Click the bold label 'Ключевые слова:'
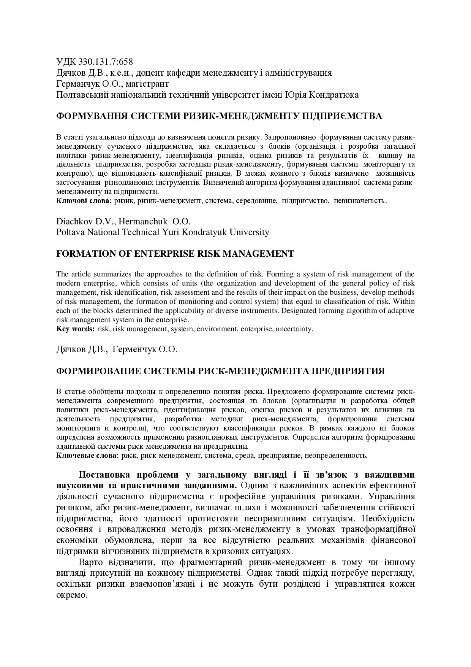[x=87, y=455]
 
